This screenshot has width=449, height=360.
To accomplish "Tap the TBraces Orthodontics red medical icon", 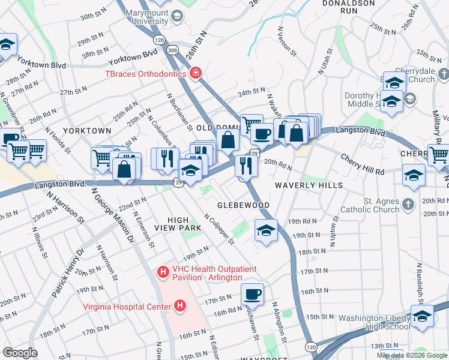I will [x=195, y=74].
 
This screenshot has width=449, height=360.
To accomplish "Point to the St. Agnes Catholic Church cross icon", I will [x=408, y=203].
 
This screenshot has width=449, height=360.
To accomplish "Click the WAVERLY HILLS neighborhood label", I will [x=309, y=186].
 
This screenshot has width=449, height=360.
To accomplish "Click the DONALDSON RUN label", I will [x=348, y=7].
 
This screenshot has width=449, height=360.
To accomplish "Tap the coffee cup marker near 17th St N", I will [x=253, y=295].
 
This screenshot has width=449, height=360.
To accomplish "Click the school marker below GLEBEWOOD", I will [x=266, y=230].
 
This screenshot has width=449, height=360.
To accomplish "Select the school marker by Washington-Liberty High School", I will [x=422, y=316].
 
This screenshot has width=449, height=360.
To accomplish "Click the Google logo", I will [x=20, y=353].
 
